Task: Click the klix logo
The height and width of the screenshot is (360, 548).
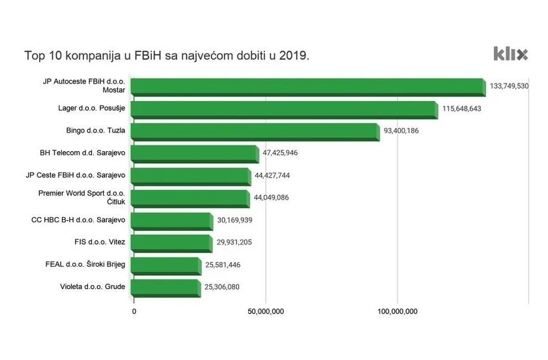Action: pyautogui.click(x=510, y=54)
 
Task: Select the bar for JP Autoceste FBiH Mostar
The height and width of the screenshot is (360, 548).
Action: pyautogui.click(x=308, y=87)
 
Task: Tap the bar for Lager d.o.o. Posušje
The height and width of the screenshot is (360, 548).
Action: pyautogui.click(x=284, y=109)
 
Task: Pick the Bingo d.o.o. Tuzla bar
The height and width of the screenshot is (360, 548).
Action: pyautogui.click(x=255, y=131)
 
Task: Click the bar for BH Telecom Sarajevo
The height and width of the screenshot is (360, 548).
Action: pyautogui.click(x=195, y=154)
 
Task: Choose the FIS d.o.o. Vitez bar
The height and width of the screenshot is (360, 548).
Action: pyautogui.click(x=171, y=243)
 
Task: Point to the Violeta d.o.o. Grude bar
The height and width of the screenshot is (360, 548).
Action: pyautogui.click(x=166, y=288)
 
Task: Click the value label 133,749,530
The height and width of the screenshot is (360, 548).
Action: pyautogui.click(x=509, y=86)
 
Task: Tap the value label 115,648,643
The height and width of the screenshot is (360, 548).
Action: pyautogui.click(x=461, y=108)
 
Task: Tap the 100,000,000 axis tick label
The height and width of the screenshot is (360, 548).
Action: pyautogui.click(x=397, y=312)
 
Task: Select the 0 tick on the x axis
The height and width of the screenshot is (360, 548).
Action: pyautogui.click(x=134, y=312)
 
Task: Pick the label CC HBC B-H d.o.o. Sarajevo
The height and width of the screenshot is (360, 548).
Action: pyautogui.click(x=78, y=220)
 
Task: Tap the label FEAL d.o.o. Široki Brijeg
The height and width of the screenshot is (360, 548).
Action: pyautogui.click(x=82, y=265)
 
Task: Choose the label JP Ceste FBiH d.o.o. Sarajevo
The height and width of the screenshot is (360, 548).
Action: pyautogui.click(x=83, y=175)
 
